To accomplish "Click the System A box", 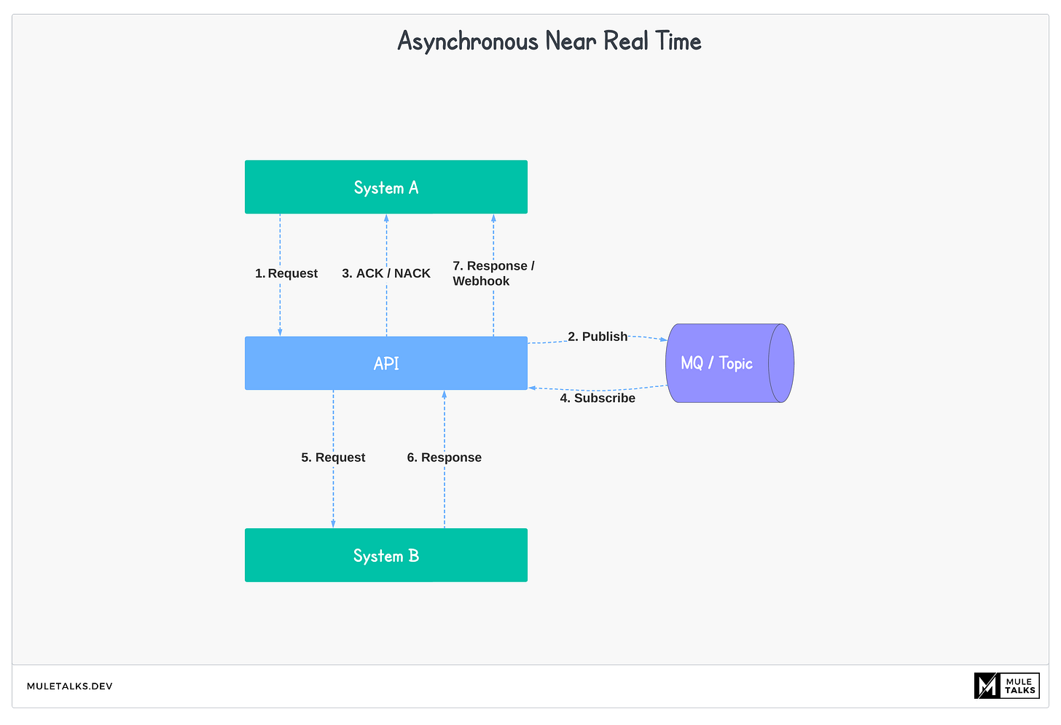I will (x=385, y=187).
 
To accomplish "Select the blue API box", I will (x=385, y=363).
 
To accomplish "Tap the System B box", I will (x=385, y=555).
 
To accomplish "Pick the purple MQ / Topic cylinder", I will (x=729, y=363).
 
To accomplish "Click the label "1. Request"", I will (x=286, y=273).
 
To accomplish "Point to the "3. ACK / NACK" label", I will (x=386, y=273).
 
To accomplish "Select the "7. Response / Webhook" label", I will (x=493, y=273).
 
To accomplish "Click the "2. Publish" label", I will (x=598, y=337).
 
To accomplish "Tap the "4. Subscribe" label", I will (x=598, y=398).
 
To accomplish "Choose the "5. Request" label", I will (x=333, y=458).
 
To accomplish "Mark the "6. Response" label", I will (x=444, y=458).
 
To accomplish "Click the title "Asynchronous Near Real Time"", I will (x=549, y=42).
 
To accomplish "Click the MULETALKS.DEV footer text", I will (x=70, y=686).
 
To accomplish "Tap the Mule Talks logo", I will (x=1006, y=686).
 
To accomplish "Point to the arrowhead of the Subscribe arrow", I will (x=533, y=388).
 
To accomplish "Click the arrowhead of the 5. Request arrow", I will (x=333, y=524).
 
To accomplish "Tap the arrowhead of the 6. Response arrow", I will (x=444, y=394).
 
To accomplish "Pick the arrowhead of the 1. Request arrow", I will (x=280, y=332).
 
